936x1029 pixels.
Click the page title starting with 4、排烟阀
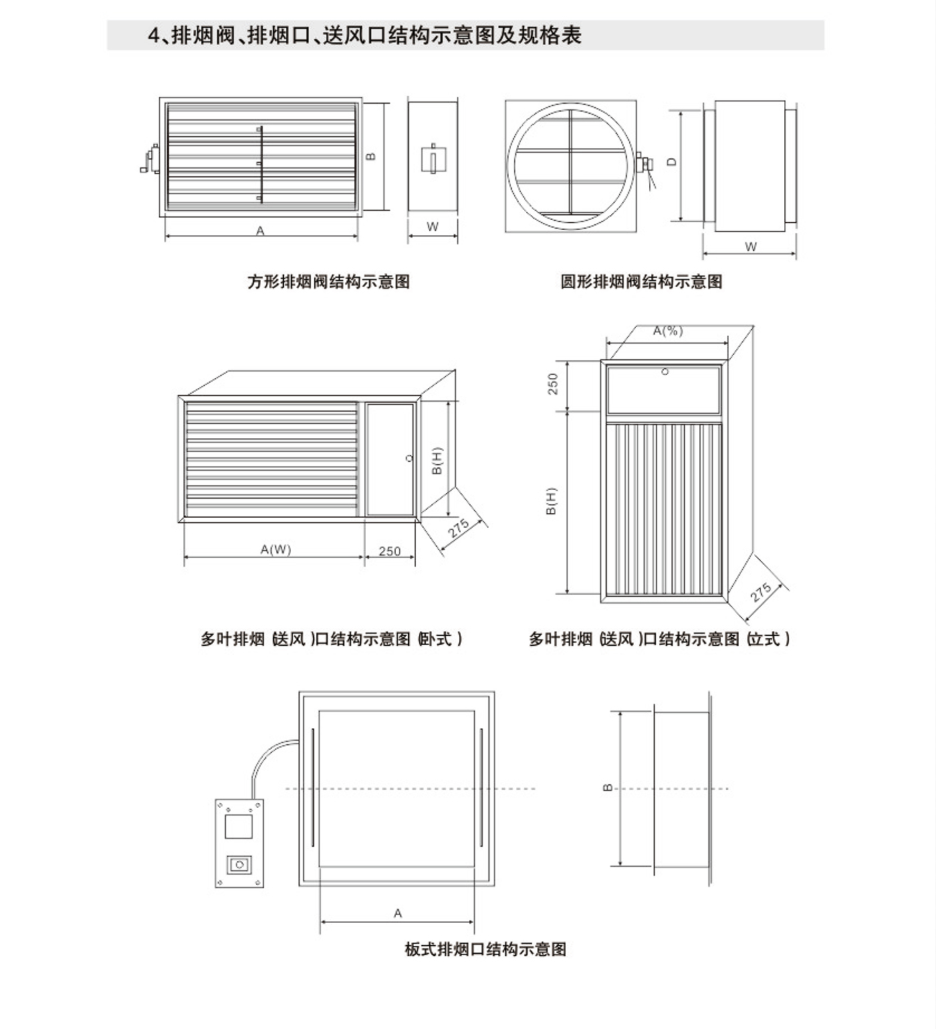click(364, 35)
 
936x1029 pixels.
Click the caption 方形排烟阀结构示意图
click(328, 282)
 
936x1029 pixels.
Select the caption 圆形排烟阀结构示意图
click(641, 282)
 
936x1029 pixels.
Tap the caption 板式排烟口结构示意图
click(485, 949)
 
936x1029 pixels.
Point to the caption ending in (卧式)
click(332, 639)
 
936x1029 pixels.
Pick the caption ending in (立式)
click(659, 639)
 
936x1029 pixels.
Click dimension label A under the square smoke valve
click(260, 231)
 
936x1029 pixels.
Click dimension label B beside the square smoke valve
click(371, 156)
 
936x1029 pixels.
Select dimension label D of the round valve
click(673, 162)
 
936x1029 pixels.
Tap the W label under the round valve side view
click(751, 247)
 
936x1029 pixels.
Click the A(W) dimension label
click(275, 550)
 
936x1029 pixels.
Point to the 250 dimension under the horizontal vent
click(390, 551)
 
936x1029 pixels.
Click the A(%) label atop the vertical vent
click(668, 331)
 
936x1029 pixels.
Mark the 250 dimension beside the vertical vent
click(553, 384)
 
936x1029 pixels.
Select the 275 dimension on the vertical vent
click(761, 591)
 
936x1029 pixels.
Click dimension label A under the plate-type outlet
click(398, 913)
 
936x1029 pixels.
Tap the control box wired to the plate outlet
click(239, 843)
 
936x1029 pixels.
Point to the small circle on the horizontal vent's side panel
click(409, 458)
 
